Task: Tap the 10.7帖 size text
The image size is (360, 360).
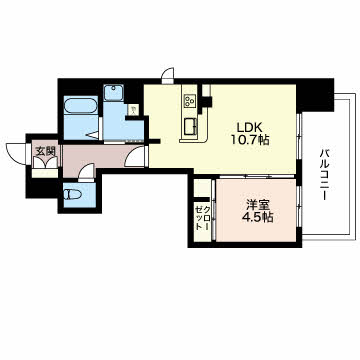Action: tap(250, 140)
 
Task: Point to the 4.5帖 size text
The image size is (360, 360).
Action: tap(257, 217)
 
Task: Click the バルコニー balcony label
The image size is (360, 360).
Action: tap(324, 175)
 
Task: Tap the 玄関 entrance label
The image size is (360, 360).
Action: tap(45, 151)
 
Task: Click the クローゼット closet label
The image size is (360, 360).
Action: tap(203, 217)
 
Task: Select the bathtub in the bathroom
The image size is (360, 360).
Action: tap(81, 105)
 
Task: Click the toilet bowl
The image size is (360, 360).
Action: tap(72, 195)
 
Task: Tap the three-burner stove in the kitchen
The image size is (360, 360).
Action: tap(190, 100)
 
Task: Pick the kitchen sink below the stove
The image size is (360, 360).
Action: tap(190, 127)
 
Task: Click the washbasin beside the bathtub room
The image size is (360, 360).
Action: tap(114, 92)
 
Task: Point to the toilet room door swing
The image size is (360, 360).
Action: tap(87, 172)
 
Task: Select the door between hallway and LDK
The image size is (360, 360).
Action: tap(135, 156)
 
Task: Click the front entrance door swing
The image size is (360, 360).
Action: tap(17, 154)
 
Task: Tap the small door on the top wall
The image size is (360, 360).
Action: tap(168, 76)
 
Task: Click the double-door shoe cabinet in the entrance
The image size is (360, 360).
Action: tap(45, 162)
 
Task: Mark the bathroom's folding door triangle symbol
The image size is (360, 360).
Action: tap(94, 135)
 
